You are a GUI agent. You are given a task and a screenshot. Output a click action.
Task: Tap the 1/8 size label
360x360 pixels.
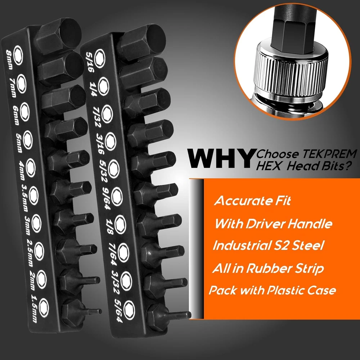click(109, 226)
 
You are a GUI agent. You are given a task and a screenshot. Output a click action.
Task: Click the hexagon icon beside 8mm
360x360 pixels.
click(18, 55)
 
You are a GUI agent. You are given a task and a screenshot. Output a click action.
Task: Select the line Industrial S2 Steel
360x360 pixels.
click(268, 245)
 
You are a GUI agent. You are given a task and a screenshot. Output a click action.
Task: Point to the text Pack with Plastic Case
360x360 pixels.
click(272, 290)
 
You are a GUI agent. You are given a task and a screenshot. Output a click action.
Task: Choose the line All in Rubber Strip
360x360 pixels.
click(268, 268)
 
